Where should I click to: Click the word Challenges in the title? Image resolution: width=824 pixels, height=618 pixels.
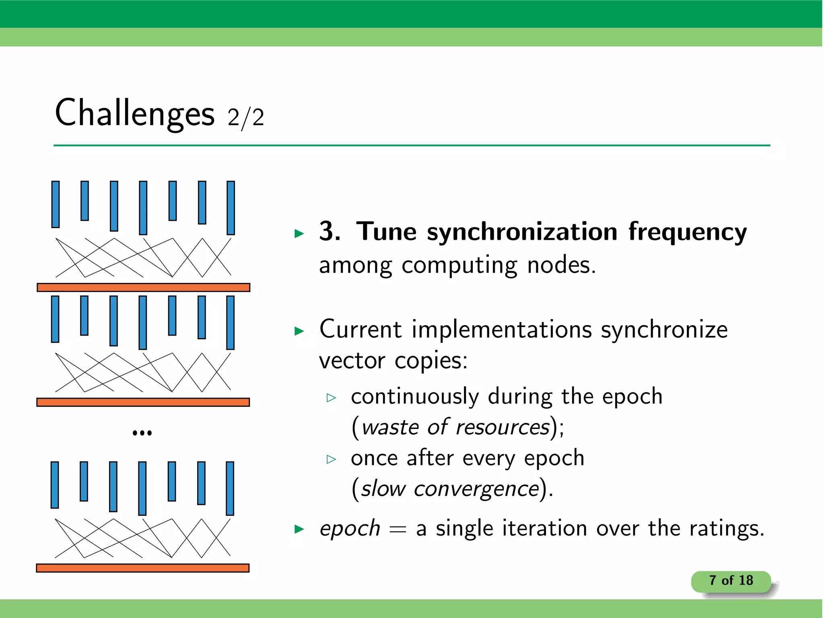coord(134,113)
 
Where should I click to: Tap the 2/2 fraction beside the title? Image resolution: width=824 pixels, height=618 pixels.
coord(246,117)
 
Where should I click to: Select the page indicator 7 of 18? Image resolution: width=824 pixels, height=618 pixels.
coord(731,581)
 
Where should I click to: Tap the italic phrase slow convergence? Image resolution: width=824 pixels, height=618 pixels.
coord(450,489)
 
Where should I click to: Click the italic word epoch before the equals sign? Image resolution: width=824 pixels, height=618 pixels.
coord(350,529)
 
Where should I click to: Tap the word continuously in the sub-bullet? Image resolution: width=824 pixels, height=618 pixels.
coord(415,397)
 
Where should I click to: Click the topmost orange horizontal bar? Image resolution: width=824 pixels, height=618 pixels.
coord(144,287)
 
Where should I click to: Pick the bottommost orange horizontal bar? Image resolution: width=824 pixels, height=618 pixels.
coord(143,568)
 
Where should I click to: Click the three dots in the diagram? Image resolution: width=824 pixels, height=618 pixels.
coord(142,433)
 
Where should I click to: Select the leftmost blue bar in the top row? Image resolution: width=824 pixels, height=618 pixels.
coord(56,204)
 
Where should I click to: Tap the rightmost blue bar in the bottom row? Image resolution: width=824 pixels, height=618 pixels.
coord(230,488)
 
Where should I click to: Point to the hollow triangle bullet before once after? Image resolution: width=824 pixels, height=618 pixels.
coord(331,459)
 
